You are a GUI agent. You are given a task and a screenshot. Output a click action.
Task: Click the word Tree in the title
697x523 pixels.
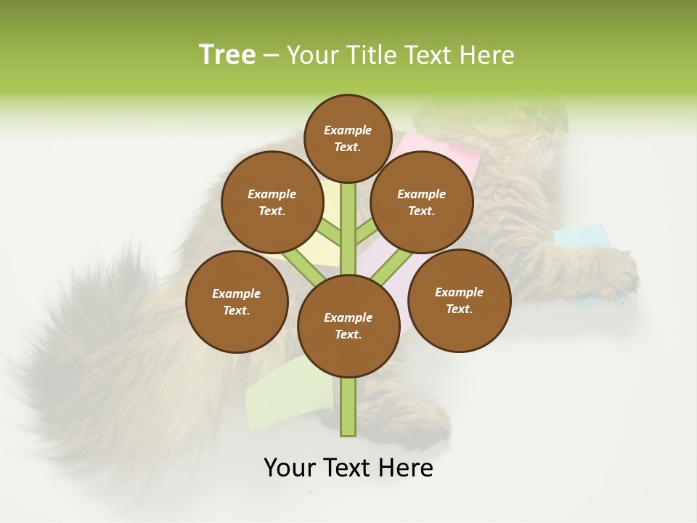click(227, 54)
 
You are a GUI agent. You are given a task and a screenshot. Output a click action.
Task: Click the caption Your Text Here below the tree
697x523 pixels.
click(348, 468)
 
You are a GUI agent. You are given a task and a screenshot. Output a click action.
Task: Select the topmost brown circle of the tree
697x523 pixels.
click(348, 138)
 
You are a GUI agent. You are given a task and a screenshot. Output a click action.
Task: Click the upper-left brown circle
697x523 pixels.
click(272, 202)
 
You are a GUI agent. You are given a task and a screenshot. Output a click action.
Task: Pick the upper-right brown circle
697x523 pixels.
click(422, 202)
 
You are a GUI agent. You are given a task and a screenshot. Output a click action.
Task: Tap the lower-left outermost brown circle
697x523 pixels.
click(237, 301)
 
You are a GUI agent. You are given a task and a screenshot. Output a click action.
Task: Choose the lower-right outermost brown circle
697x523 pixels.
click(459, 300)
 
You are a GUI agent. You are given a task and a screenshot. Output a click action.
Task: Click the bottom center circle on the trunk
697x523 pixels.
click(348, 325)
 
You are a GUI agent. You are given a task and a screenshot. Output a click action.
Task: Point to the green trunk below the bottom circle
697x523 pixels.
click(348, 407)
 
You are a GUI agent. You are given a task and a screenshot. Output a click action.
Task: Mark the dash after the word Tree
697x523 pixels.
click(271, 55)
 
